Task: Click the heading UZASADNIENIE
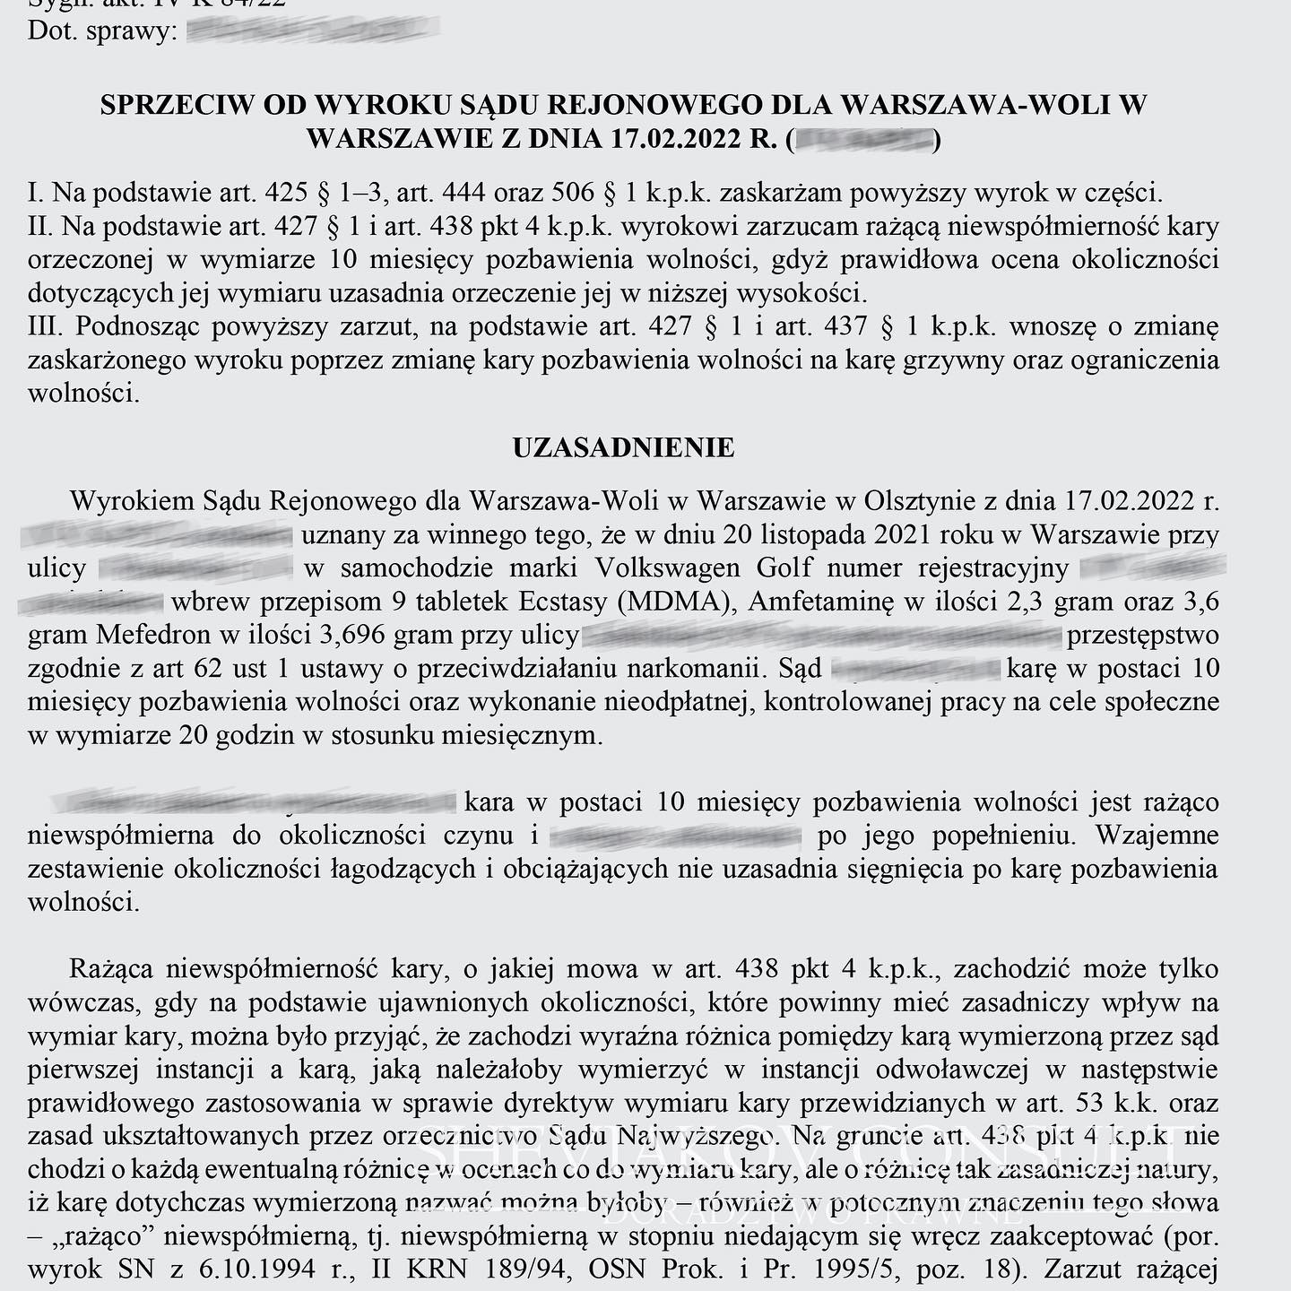(623, 447)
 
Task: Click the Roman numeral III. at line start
(45, 327)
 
